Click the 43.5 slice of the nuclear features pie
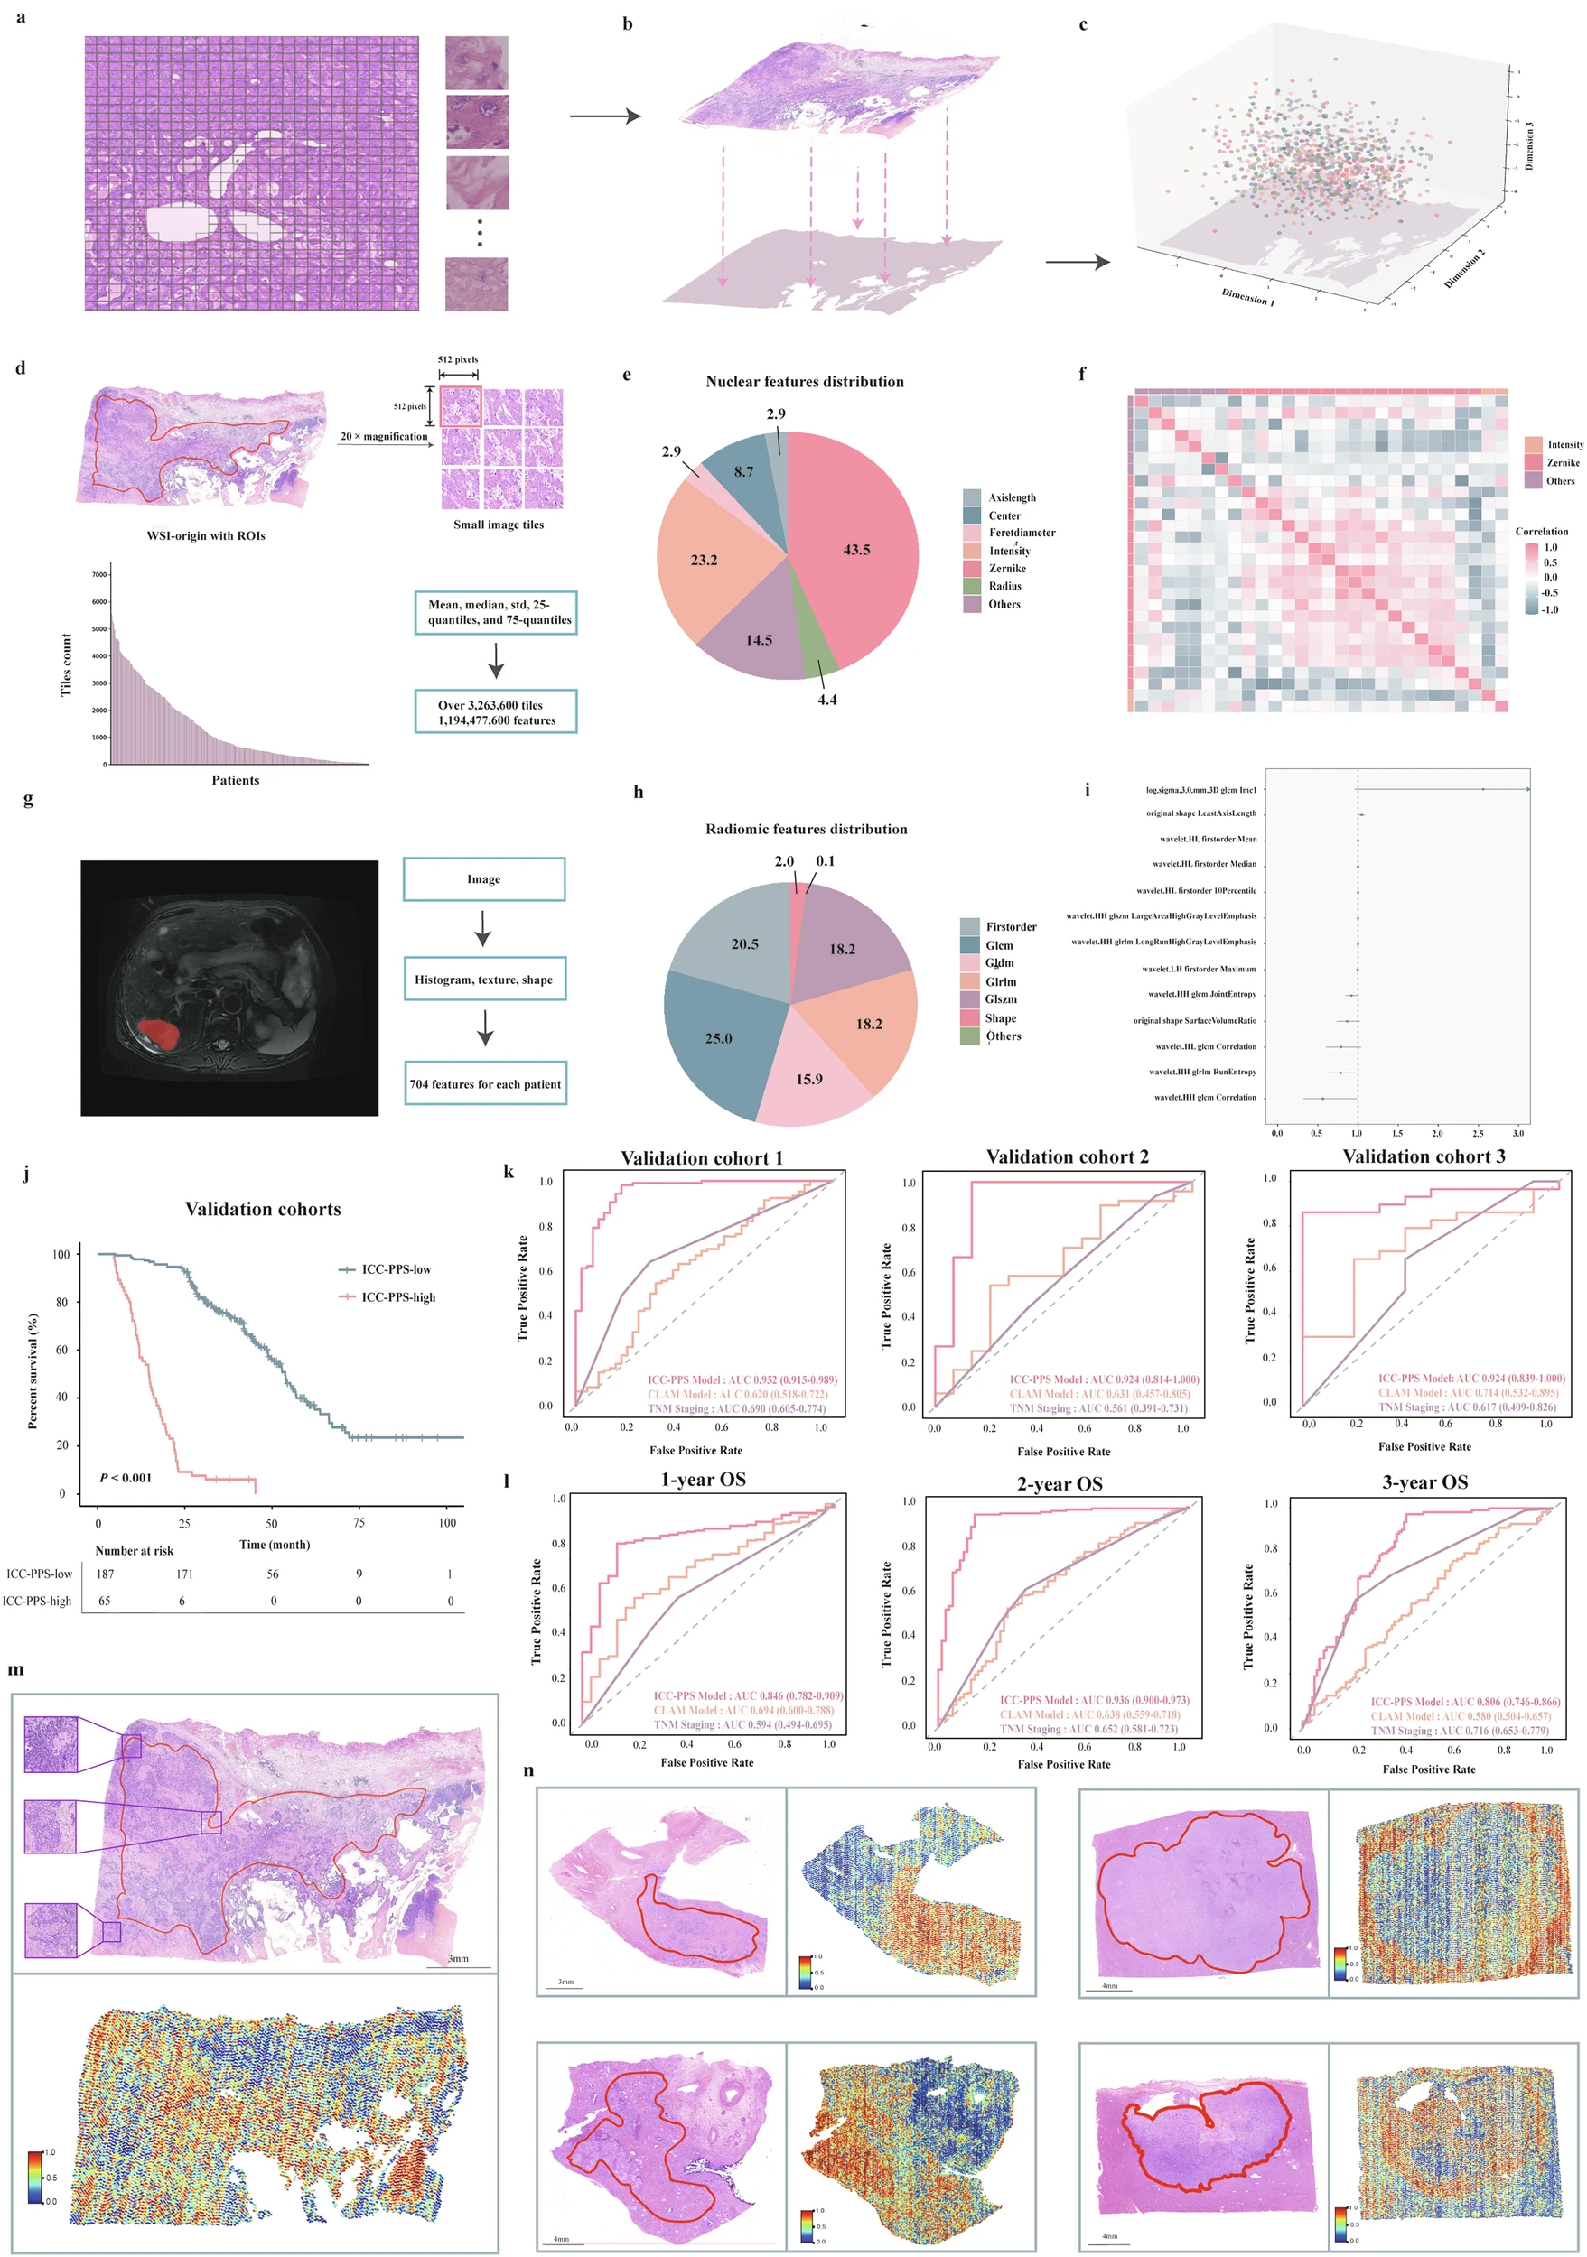point(855,551)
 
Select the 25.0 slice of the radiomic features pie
point(718,1038)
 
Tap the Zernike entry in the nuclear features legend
point(1007,568)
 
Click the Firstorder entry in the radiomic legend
point(1011,926)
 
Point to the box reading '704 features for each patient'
point(485,1083)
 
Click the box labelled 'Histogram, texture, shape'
point(484,979)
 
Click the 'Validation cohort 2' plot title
point(1067,1157)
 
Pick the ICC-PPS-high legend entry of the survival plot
point(397,1296)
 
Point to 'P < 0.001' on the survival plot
point(126,1478)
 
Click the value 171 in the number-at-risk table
point(185,1574)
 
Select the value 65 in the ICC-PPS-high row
point(104,1601)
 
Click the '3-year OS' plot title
point(1424,1481)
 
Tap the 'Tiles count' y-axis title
point(67,664)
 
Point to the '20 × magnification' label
point(385,436)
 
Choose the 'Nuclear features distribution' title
point(804,381)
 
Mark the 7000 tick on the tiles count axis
point(99,574)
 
